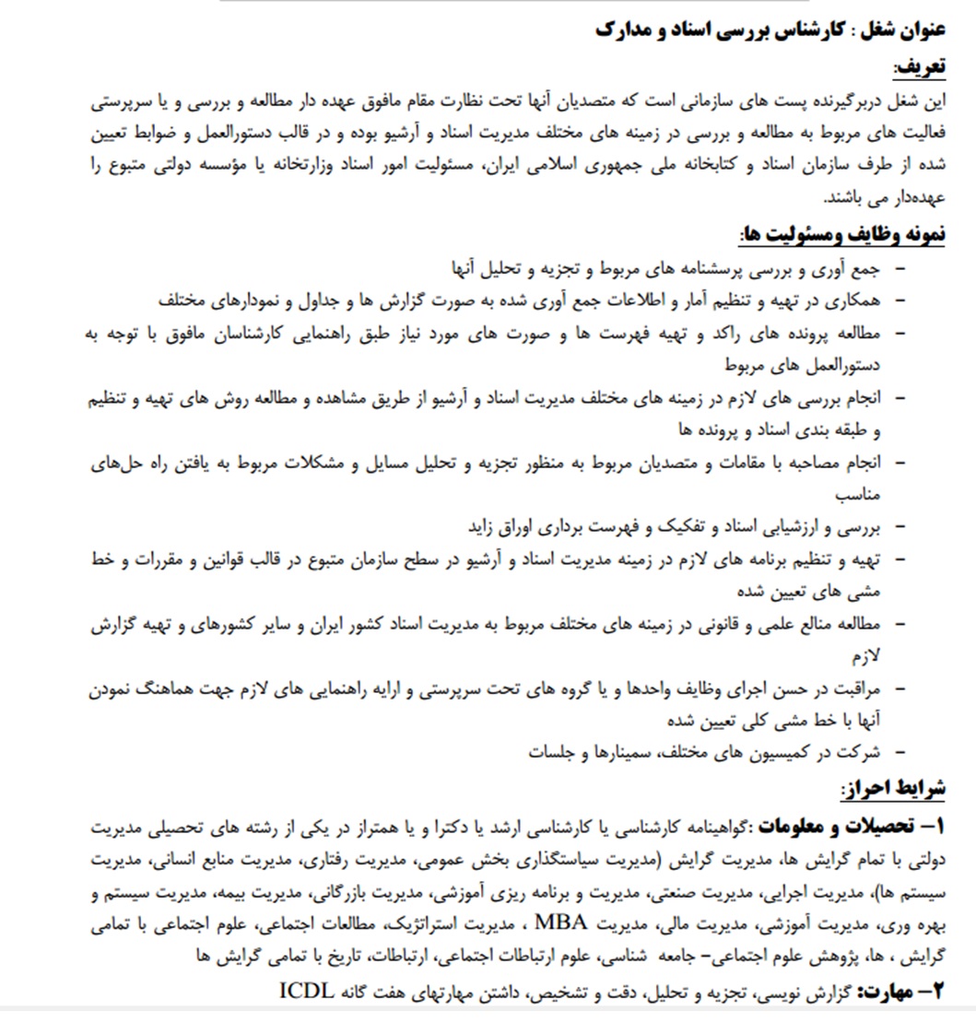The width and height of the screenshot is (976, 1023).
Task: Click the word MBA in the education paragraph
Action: click(x=560, y=923)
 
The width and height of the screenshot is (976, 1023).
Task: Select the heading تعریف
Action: click(x=919, y=68)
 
